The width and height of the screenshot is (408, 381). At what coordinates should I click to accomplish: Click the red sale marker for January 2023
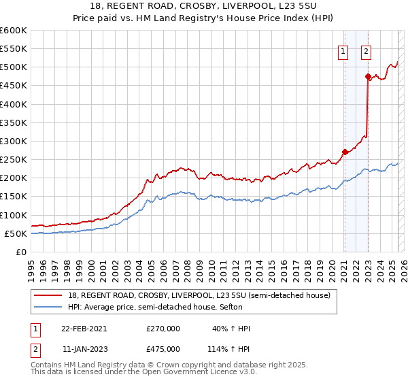[x=368, y=76]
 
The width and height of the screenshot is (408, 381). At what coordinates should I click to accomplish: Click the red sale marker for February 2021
[x=345, y=152]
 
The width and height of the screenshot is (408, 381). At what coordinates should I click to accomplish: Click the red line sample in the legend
[x=49, y=295]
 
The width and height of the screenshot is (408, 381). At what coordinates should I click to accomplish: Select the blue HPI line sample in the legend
[x=49, y=307]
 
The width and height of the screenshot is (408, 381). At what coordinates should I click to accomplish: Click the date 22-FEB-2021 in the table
[x=84, y=329]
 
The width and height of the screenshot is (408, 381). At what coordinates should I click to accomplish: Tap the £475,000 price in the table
[x=163, y=348]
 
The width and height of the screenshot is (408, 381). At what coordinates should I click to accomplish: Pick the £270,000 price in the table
[x=163, y=329]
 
